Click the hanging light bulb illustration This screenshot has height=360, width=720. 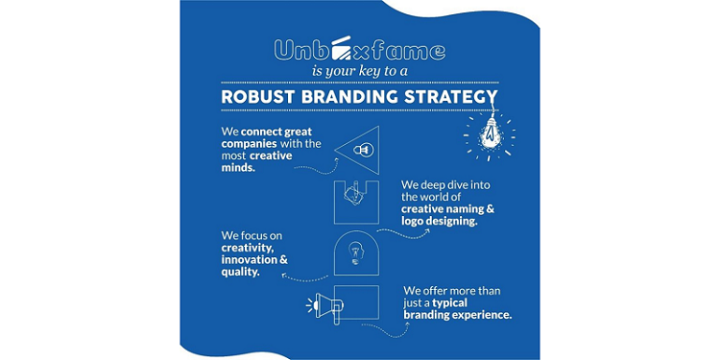[488, 136]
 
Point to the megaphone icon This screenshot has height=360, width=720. [324, 305]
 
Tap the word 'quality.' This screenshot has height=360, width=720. [240, 272]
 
